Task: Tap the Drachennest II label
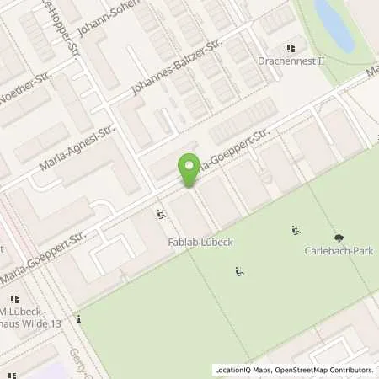291,61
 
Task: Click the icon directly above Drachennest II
291,49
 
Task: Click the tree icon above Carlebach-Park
339,238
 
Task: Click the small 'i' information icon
78,319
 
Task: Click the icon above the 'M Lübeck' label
14,299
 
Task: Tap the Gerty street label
80,362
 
